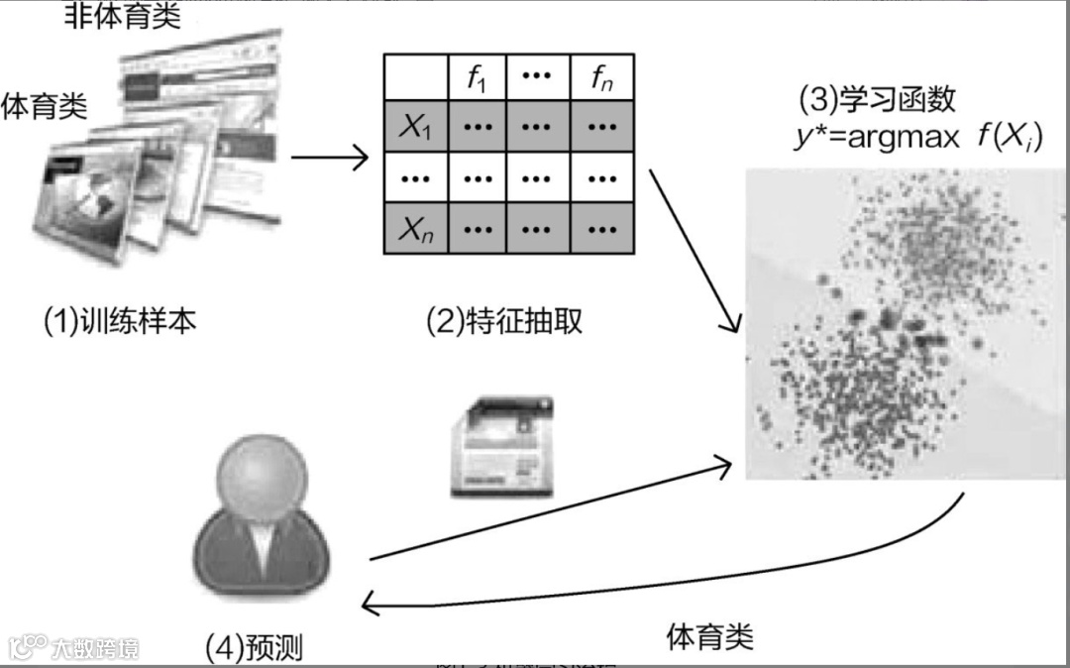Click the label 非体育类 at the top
pyautogui.click(x=123, y=17)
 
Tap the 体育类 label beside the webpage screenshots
pyautogui.click(x=45, y=103)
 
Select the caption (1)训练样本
pyautogui.click(x=119, y=320)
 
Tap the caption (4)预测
pyautogui.click(x=254, y=648)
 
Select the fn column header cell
pyautogui.click(x=600, y=77)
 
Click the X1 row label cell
pyautogui.click(x=416, y=126)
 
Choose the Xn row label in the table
pyautogui.click(x=416, y=230)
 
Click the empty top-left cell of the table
pyautogui.click(x=416, y=77)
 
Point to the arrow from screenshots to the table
pyautogui.click(x=330, y=157)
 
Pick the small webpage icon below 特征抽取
pyautogui.click(x=498, y=446)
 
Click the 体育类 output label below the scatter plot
pyautogui.click(x=709, y=634)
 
